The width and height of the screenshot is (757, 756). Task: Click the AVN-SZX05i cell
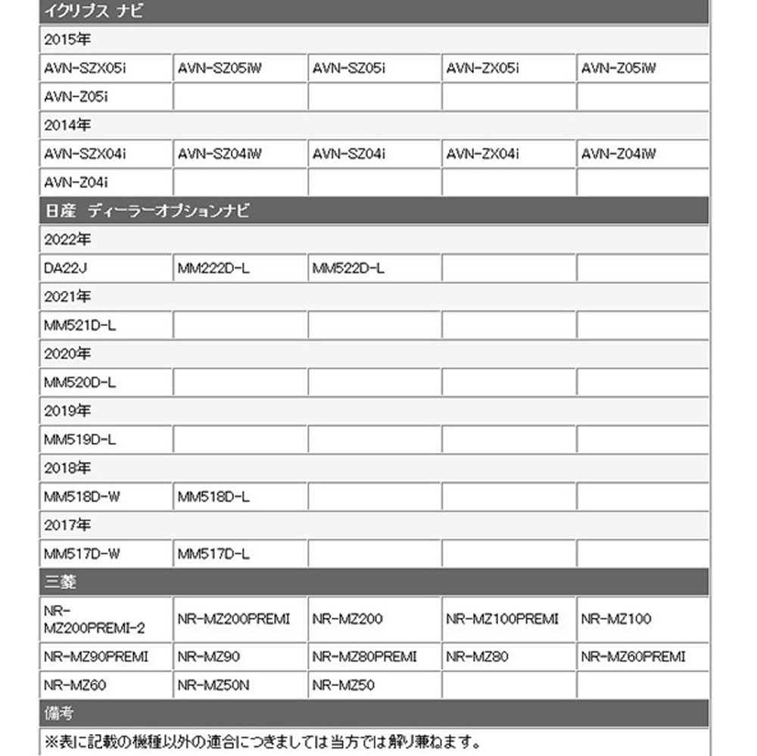click(85, 68)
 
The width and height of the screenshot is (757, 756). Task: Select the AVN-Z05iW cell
click(618, 68)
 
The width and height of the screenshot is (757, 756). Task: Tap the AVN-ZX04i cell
click(483, 154)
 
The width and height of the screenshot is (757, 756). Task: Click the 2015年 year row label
click(67, 39)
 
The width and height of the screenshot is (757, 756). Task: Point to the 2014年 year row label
click(67, 125)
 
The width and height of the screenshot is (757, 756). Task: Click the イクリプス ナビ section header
click(94, 11)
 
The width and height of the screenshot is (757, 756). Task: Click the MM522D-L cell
click(348, 267)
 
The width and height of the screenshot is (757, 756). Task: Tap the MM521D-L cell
click(80, 325)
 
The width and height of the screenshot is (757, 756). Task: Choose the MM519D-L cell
click(80, 439)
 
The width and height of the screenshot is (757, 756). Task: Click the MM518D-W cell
click(82, 497)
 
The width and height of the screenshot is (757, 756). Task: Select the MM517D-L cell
click(213, 554)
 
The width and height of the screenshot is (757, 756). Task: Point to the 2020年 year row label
click(67, 354)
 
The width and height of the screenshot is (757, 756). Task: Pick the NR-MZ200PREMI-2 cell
click(92, 620)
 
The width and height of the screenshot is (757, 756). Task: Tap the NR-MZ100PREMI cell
click(502, 619)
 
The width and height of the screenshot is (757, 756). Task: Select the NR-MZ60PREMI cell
click(633, 657)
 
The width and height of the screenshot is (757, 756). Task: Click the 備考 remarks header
click(59, 714)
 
